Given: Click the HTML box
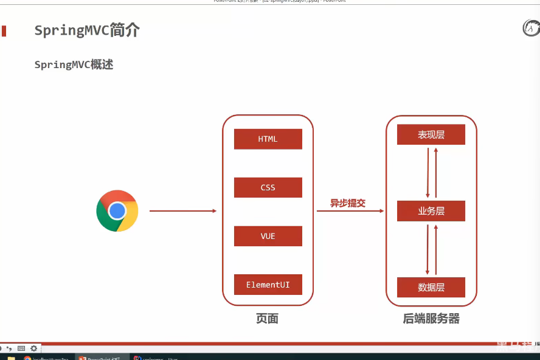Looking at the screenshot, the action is click(268, 139).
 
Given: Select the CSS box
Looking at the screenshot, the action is click(268, 187).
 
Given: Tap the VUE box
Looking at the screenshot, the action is click(268, 236).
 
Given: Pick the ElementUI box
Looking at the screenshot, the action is click(268, 285).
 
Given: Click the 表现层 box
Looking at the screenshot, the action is click(431, 135).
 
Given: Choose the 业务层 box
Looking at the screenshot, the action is click(431, 211).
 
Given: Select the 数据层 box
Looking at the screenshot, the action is click(431, 287).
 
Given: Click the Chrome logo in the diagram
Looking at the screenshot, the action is click(117, 211).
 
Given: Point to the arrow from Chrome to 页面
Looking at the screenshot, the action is click(182, 211).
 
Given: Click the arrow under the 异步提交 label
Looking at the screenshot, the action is click(350, 211).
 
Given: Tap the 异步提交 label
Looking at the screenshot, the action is click(348, 203).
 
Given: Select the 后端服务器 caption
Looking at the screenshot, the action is click(431, 319).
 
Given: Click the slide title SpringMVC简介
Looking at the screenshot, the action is click(87, 31).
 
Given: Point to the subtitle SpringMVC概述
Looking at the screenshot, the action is click(74, 64).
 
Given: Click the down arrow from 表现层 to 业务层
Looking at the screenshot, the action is click(428, 173).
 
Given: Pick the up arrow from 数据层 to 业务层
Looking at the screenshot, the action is click(436, 249).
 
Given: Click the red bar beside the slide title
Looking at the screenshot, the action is click(4, 31).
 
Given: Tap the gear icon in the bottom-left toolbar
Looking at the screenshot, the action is click(34, 348).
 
